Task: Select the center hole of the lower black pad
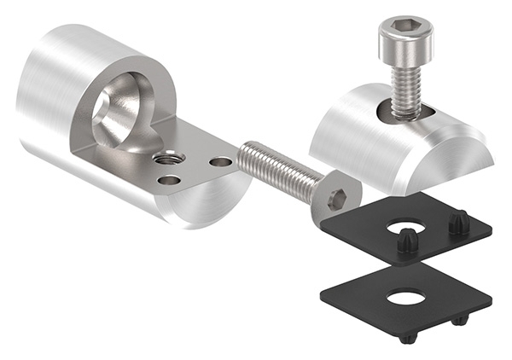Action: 404,298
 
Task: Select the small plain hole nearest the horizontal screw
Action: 221,161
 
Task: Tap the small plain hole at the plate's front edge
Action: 170,180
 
